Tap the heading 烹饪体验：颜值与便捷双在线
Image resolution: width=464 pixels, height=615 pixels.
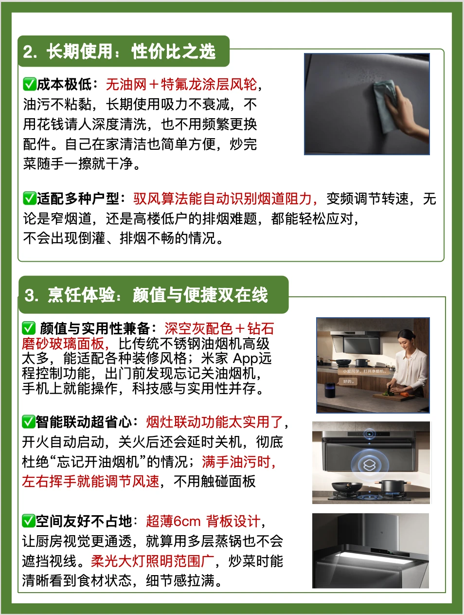coord(146,295)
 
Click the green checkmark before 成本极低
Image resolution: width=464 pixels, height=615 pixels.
coord(30,84)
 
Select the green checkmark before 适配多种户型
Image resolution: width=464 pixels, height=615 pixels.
coord(30,199)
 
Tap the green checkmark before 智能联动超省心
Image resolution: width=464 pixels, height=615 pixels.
coord(29,422)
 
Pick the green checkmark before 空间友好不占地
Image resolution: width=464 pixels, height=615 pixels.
coord(29,521)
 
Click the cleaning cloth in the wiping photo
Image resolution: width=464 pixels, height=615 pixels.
coord(385,105)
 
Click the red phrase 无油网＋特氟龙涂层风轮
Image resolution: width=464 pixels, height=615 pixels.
coord(181,84)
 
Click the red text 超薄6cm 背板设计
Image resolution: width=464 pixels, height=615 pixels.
coord(203,522)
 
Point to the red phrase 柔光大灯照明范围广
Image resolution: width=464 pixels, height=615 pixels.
coord(153,561)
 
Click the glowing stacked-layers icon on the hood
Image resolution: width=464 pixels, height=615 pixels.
coord(369,465)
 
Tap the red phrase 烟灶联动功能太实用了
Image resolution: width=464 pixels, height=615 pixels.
coord(214,422)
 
